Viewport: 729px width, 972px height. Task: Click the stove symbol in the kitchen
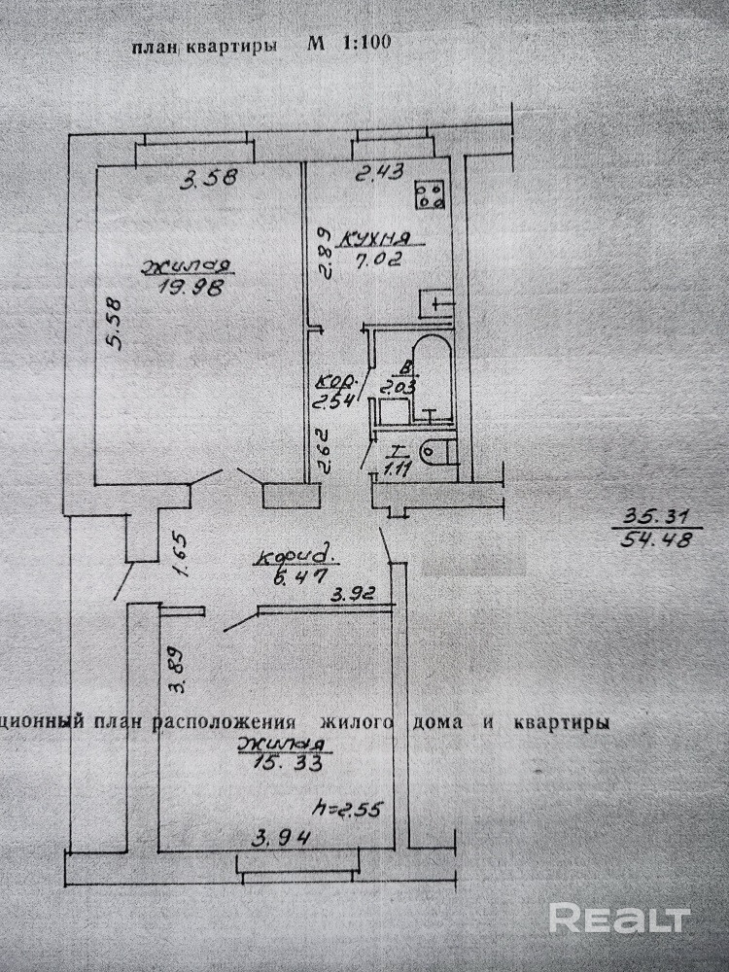tap(430, 195)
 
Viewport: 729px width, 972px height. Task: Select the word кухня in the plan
tap(374, 237)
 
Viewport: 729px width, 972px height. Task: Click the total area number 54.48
tap(654, 539)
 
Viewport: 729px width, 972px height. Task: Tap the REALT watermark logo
tap(619, 917)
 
